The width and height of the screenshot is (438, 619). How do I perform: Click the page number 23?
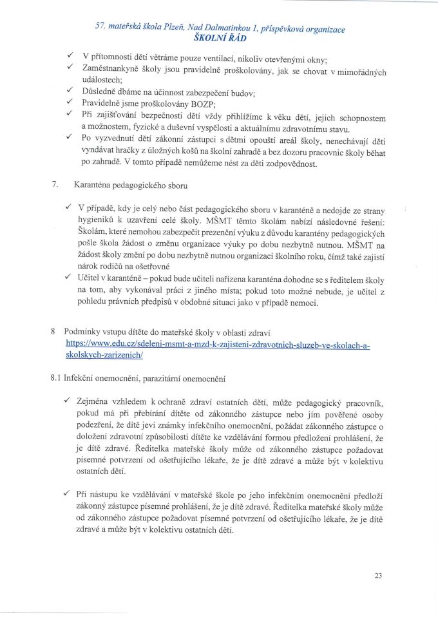point(378,576)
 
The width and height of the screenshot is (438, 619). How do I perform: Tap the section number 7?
point(55,185)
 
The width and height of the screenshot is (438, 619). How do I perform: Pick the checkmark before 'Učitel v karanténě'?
point(68,278)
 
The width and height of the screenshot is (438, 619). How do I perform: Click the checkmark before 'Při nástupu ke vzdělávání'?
point(68,492)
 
